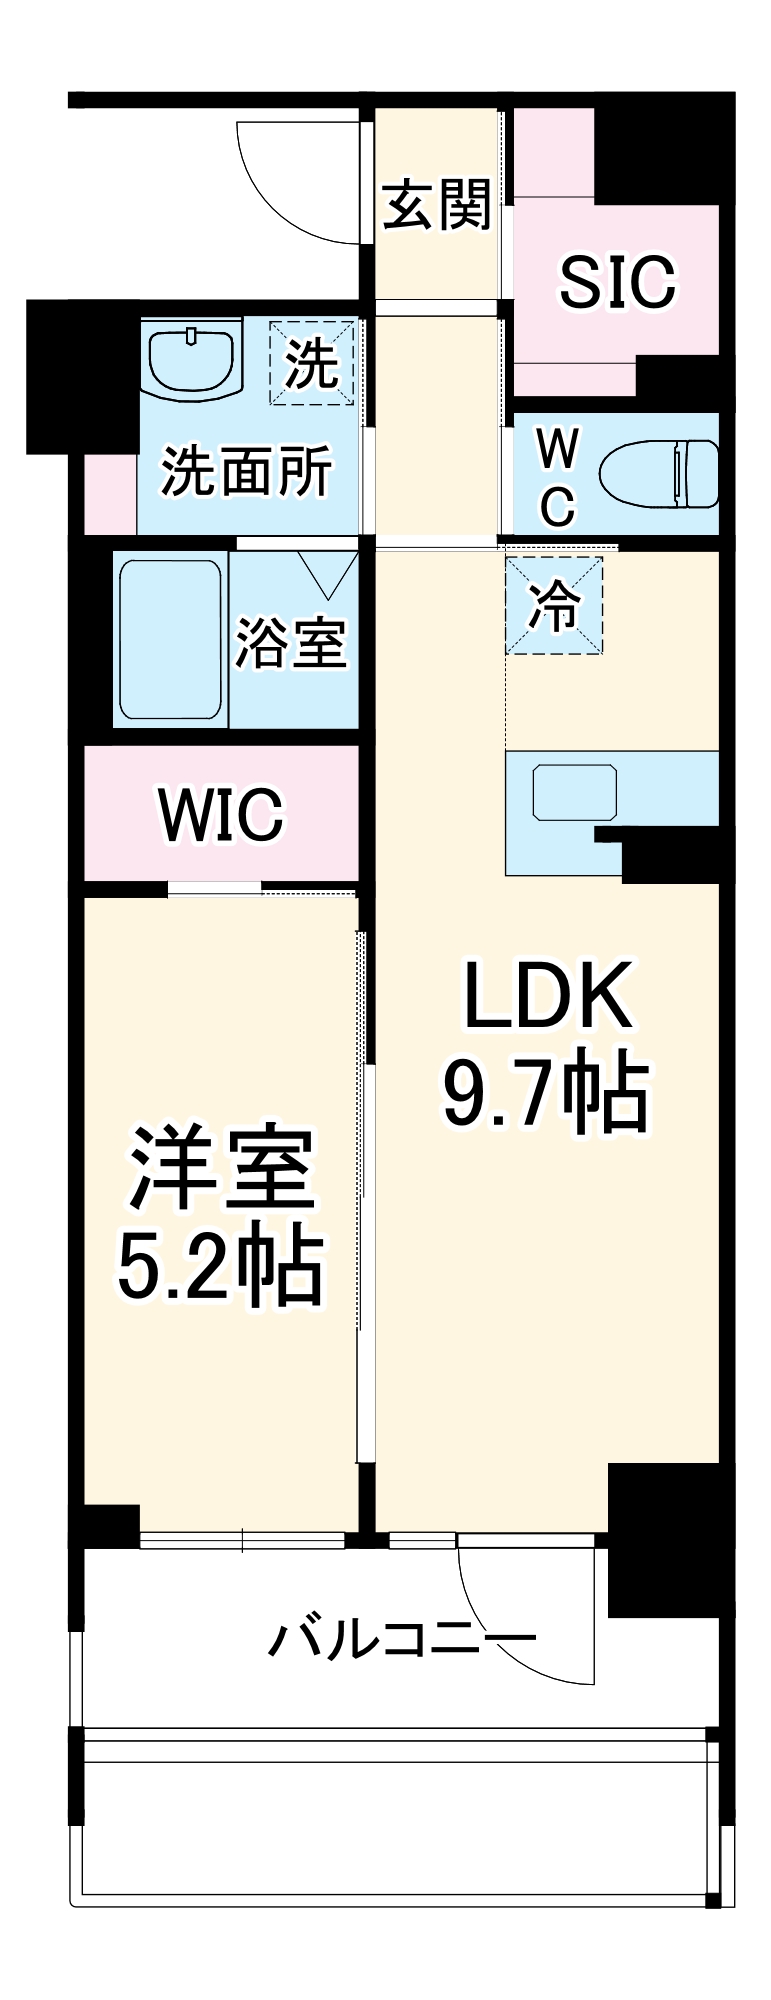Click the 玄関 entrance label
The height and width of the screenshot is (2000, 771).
(x=437, y=205)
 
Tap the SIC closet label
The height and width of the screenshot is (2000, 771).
(x=617, y=282)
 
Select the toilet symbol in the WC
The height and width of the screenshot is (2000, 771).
(x=660, y=473)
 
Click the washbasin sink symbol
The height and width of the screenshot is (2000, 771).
(x=193, y=359)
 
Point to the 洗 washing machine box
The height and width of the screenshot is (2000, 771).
(x=312, y=362)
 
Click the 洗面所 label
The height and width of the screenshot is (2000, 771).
(x=247, y=470)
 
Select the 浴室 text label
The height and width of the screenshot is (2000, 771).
(x=291, y=642)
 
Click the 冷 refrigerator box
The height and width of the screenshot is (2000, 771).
(x=555, y=606)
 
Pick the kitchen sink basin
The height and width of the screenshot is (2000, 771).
(x=574, y=792)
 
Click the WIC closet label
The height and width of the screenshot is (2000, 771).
(x=221, y=815)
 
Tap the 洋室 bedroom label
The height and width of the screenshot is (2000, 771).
(x=221, y=1168)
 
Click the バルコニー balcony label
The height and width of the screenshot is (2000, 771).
(x=402, y=1640)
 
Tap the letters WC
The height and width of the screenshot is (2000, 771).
(x=556, y=479)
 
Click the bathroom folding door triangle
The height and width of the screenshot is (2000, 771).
(x=329, y=573)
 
